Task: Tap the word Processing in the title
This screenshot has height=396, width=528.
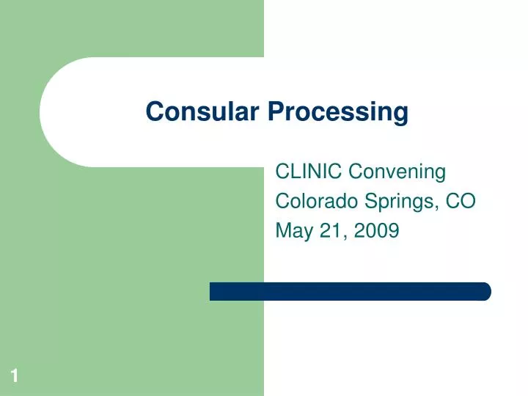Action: point(337,113)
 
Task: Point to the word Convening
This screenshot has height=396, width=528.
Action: point(397,172)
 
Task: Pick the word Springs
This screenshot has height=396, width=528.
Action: point(396,202)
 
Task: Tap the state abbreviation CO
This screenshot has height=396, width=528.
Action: point(463,201)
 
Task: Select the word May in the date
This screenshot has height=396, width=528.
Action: point(290,232)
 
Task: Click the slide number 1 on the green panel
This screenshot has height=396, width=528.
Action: point(14,377)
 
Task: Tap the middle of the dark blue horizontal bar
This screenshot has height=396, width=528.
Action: point(350,291)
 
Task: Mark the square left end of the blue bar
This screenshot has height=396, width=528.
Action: point(213,291)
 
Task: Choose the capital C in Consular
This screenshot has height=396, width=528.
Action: point(154,112)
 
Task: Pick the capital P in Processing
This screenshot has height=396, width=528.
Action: point(274,112)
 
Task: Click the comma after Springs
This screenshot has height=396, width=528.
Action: point(436,208)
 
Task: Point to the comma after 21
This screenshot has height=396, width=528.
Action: point(336,238)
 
